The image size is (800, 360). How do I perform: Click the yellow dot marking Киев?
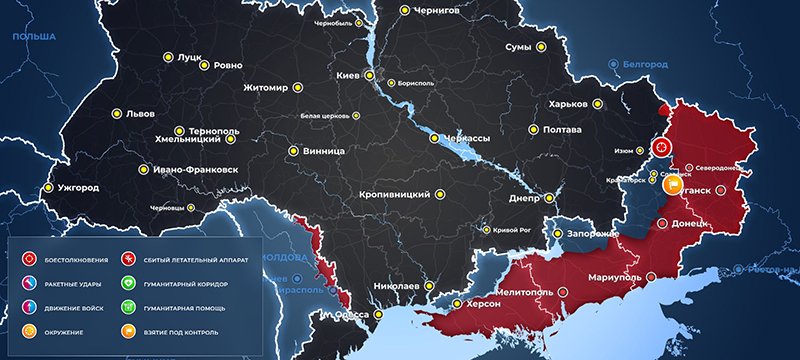[369, 75]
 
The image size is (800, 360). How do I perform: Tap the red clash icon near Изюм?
[660, 148]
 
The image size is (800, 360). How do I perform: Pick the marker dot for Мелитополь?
[561, 291]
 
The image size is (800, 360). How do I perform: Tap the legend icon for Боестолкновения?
[29, 259]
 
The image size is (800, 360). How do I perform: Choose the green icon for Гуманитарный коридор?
[128, 283]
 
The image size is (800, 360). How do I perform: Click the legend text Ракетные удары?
[72, 283]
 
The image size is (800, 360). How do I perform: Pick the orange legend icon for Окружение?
[29, 330]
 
